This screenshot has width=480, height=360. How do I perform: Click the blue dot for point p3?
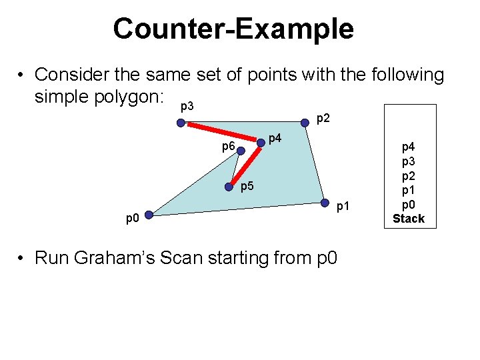tap(181, 123)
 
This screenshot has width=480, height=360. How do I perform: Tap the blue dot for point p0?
tap(149, 215)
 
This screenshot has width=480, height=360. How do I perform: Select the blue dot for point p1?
tap(324, 203)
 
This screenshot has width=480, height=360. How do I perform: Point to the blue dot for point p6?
tap(241, 151)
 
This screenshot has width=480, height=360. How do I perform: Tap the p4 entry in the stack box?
tap(408, 143)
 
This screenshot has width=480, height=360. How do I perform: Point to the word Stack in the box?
tap(408, 219)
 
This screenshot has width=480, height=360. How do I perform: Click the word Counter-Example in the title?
tap(233, 29)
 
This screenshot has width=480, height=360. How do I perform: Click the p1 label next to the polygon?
tap(343, 207)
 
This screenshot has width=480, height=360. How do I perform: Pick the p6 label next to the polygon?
tap(227, 146)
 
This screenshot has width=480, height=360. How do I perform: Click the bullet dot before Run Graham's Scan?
tap(23, 258)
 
